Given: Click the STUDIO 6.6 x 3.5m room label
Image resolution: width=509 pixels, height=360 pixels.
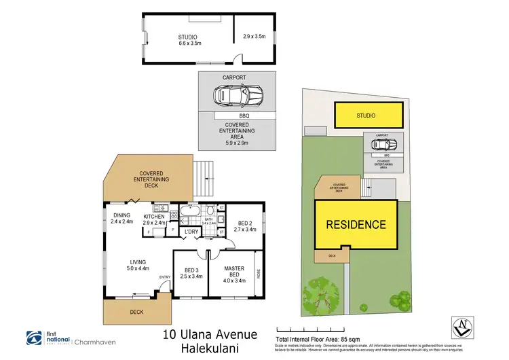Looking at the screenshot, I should pyautogui.click(x=188, y=40).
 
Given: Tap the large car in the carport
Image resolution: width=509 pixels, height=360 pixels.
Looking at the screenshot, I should pyautogui.click(x=238, y=96).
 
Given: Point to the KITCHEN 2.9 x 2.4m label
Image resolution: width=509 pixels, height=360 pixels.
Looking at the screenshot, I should pyautogui.click(x=155, y=220).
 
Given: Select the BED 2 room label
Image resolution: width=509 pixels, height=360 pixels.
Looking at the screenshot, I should pyautogui.click(x=245, y=226).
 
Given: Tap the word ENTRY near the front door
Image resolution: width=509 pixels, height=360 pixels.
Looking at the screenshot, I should pyautogui.click(x=165, y=277).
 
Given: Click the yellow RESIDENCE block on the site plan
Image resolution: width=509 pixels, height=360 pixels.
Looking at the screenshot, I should pyautogui.click(x=356, y=225).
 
